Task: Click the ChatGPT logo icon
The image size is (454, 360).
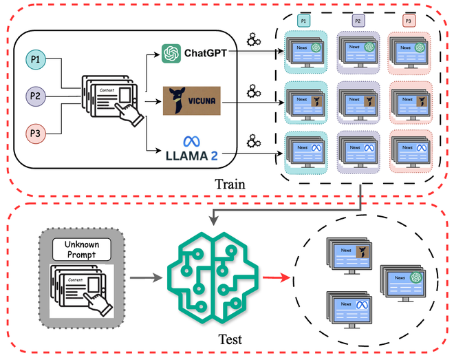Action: tap(171, 53)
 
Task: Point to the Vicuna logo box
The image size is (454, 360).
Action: tap(192, 100)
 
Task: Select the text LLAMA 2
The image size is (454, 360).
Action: tap(192, 156)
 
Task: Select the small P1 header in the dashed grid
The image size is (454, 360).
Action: tap(303, 22)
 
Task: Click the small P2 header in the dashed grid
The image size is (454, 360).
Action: tap(358, 22)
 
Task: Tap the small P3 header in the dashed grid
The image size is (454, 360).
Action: tap(409, 22)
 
